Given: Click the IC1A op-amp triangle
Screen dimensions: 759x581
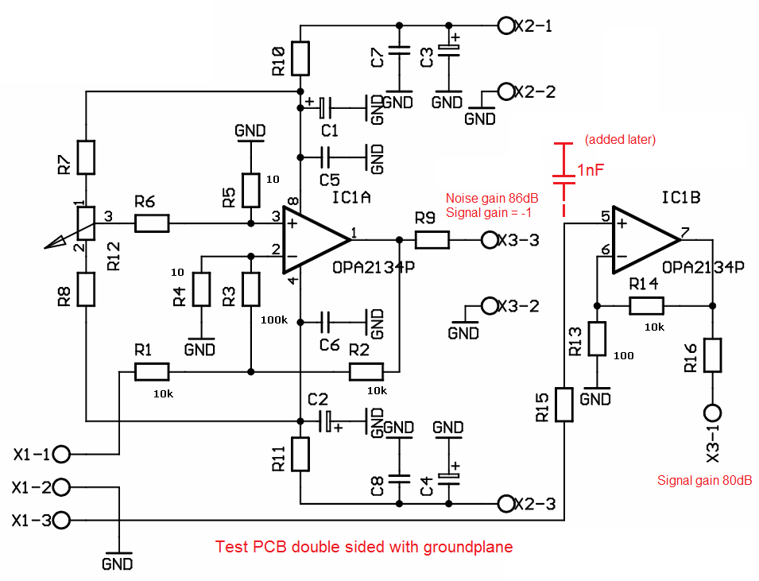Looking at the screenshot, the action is [315, 240].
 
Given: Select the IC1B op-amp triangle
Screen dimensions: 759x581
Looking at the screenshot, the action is [645, 240].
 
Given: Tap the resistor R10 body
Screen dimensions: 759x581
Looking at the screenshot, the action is [300, 59].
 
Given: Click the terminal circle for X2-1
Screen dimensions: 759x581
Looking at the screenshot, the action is [505, 25].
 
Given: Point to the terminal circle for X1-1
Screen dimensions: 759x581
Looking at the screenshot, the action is [61, 455].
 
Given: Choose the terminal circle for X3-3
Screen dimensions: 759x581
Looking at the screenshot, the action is [490, 240].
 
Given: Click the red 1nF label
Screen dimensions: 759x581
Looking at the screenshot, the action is [590, 170].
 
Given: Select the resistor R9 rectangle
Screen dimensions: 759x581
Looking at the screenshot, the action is [432, 240].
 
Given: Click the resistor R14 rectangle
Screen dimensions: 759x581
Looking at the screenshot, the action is [646, 306].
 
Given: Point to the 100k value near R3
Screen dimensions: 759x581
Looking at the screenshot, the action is [274, 320].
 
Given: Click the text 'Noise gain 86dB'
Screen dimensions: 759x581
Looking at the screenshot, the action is [492, 198].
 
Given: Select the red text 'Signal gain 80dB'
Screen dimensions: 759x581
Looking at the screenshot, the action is [705, 480].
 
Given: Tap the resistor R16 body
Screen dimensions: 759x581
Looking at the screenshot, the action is [713, 355].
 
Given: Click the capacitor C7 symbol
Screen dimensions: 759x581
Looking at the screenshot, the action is [399, 51].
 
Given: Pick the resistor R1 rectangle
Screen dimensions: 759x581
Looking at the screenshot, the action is [152, 372].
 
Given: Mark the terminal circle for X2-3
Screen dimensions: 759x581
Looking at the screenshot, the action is [505, 504].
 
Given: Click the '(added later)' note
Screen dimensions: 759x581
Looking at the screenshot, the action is [620, 139].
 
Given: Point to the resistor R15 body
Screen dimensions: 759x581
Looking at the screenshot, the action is [564, 405].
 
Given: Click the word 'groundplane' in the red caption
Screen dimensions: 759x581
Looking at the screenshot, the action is [468, 547].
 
